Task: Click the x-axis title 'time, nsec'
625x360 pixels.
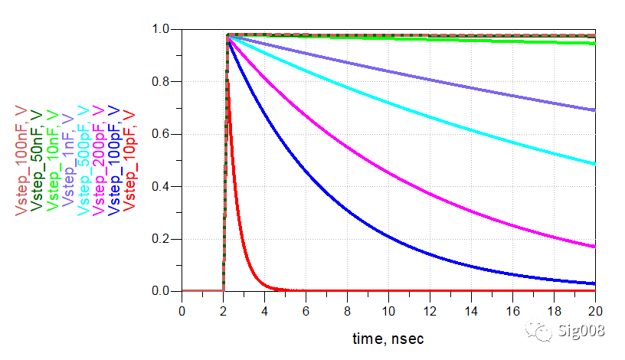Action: tap(388, 338)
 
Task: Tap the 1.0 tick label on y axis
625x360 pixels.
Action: tap(162, 30)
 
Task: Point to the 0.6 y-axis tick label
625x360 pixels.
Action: tap(162, 135)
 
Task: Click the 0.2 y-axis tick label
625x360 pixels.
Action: tap(162, 239)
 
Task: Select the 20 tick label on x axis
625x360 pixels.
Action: tap(595, 310)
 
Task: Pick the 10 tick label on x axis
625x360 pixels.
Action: tap(388, 310)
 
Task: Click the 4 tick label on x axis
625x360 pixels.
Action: tap(264, 310)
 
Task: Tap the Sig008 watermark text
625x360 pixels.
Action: tap(581, 331)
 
